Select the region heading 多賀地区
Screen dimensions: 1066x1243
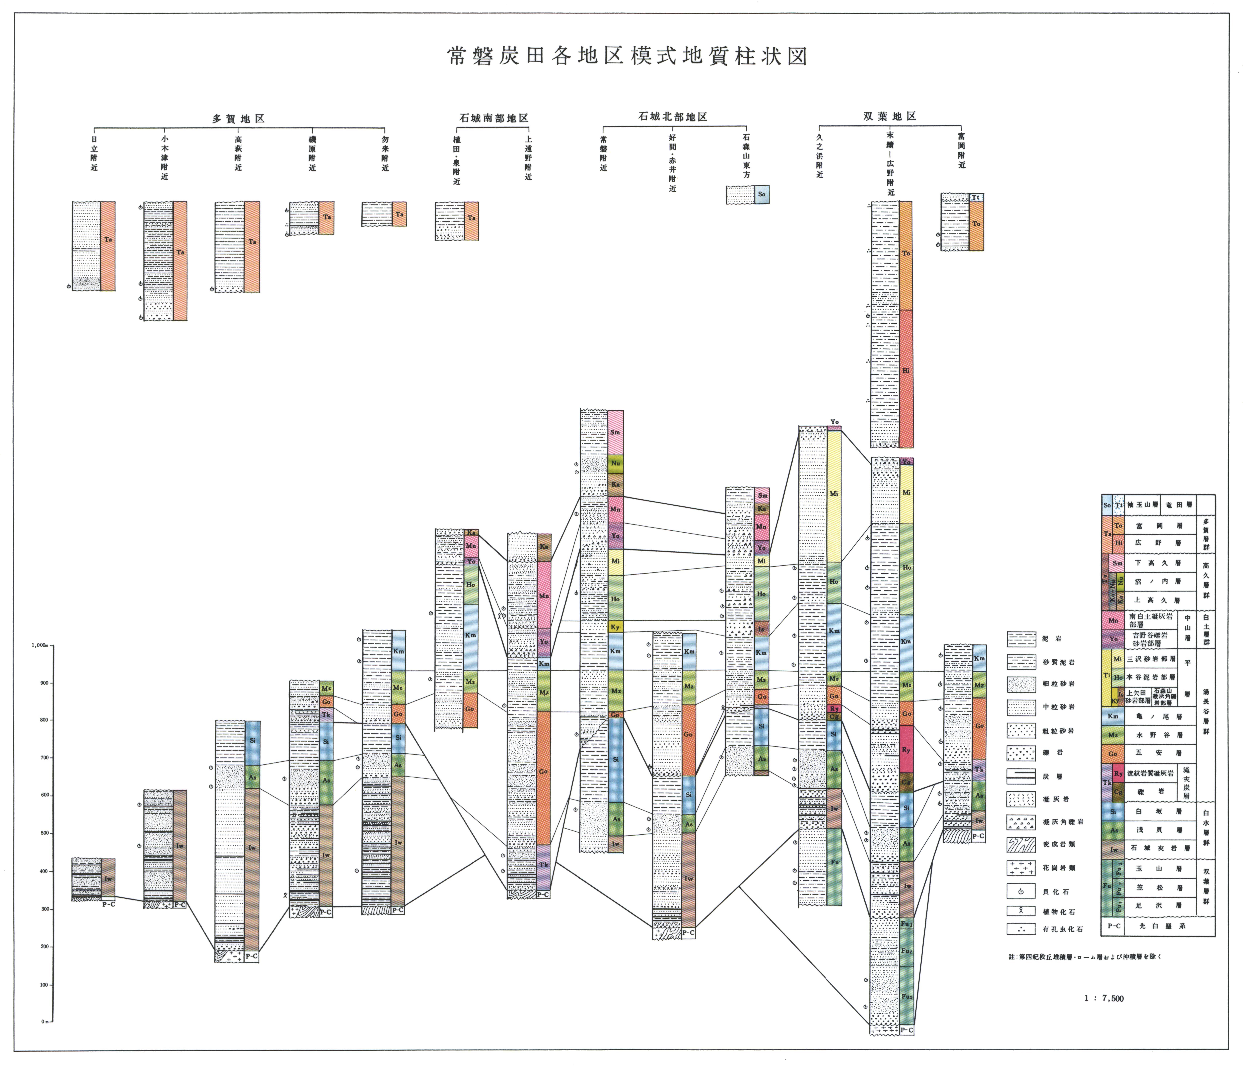(238, 118)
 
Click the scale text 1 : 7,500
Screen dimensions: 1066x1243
(1104, 998)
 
